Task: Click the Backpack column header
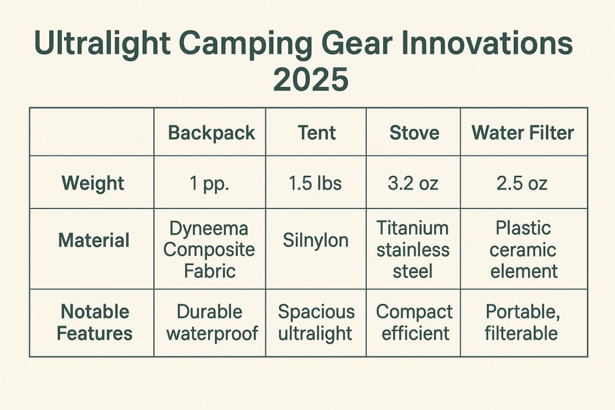tap(212, 133)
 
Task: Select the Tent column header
tap(317, 132)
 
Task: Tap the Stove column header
tap(414, 132)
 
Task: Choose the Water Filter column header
tap(523, 132)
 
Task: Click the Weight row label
tap(93, 183)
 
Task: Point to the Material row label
tap(94, 240)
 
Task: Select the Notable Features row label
tap(94, 322)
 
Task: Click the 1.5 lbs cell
tap(315, 183)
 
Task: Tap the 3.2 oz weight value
tap(413, 183)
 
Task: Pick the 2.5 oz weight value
tap(522, 183)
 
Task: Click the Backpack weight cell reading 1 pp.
tap(209, 184)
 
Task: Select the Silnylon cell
tap(316, 241)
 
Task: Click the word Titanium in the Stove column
tap(412, 228)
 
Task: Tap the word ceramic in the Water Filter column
tap(523, 250)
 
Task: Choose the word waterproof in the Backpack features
tap(212, 334)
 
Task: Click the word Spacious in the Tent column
tap(316, 313)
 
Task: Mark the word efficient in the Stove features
tap(415, 333)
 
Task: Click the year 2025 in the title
tap(311, 80)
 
